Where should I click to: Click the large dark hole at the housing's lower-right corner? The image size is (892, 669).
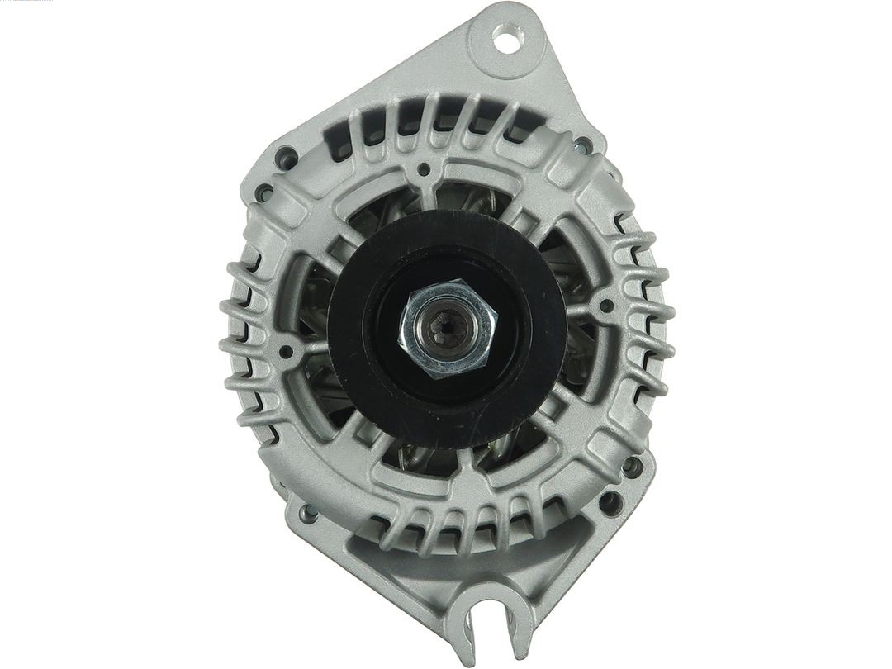[611, 501]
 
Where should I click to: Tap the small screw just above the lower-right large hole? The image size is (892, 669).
[633, 467]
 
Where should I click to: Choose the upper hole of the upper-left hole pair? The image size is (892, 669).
[287, 155]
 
